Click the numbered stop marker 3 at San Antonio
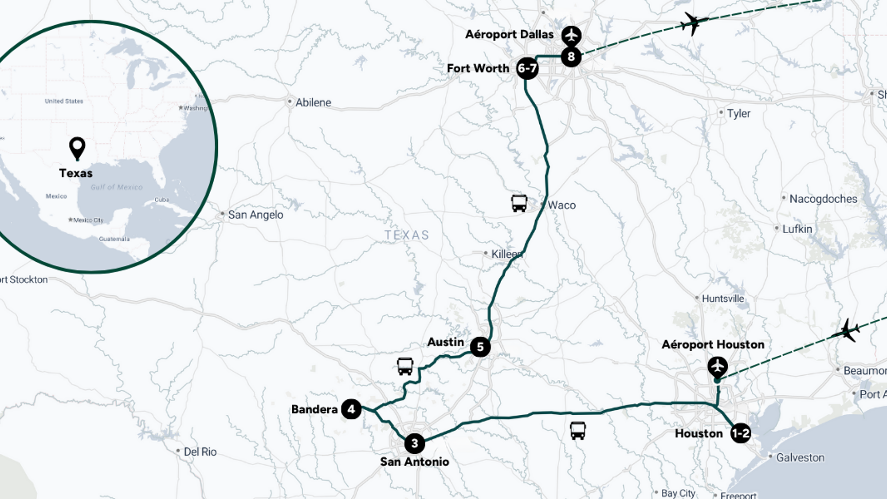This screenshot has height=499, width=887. pos(415,443)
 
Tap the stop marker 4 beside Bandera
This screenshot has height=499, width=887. pos(351,409)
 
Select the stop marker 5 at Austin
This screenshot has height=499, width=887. pos(480,347)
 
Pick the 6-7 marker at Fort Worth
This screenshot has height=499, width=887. pos(527,68)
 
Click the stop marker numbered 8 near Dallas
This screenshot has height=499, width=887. pos(571,57)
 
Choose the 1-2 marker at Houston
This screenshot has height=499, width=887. pos(741,433)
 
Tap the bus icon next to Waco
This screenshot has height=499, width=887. pos(519,203)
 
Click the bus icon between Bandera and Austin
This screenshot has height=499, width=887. pos(405,366)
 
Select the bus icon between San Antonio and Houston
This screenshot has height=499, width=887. pos(577,430)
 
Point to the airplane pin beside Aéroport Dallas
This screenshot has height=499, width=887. pos(571,35)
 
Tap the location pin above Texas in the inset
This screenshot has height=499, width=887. pos(77,148)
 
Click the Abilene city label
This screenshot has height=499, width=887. pos(313,102)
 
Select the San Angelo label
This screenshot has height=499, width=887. pos(255,215)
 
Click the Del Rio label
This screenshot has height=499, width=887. pos(200,452)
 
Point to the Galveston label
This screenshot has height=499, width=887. pos(800,457)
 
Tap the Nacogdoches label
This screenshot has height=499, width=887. pos(823,199)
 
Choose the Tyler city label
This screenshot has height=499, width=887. pos(738,114)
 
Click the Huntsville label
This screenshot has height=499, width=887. pos(722,299)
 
